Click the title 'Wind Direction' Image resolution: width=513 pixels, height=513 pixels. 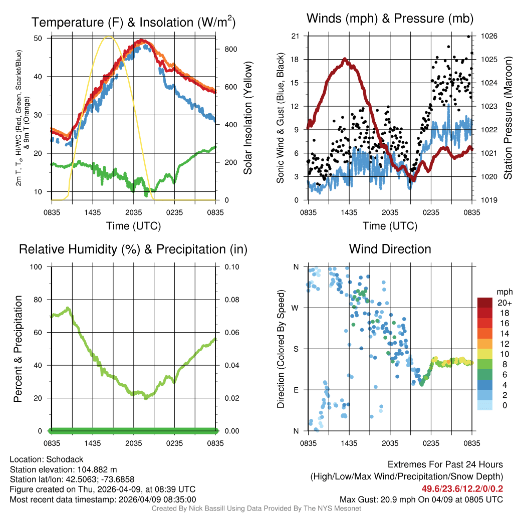pos(390,249)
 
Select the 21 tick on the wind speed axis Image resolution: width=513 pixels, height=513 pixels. pos(295,36)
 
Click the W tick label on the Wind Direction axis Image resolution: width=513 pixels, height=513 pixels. pos(296,308)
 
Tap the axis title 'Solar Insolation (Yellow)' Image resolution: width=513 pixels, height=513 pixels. pos(247,118)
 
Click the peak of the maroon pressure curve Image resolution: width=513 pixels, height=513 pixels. pos(345,59)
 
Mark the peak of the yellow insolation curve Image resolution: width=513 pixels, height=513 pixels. pos(111,37)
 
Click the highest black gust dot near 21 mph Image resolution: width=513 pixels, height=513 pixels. pos(468,36)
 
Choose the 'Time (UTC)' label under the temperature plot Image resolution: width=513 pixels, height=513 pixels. pos(133,226)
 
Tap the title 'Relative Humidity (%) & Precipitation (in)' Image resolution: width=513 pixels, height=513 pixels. pos(133,249)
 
